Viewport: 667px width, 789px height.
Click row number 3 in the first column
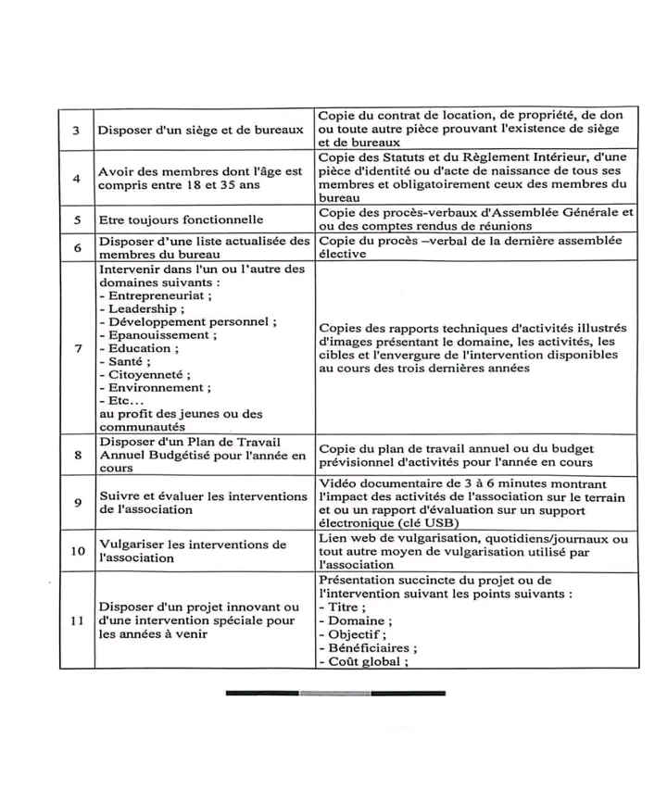pyautogui.click(x=76, y=131)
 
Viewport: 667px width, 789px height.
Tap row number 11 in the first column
pyautogui.click(x=76, y=620)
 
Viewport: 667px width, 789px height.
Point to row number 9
pyautogui.click(x=76, y=503)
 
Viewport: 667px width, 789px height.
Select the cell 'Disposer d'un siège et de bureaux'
pyautogui.click(x=201, y=131)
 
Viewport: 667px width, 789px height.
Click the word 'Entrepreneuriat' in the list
pyautogui.click(x=157, y=295)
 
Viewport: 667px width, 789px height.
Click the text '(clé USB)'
pyautogui.click(x=400, y=522)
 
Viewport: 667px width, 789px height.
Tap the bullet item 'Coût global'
pyautogui.click(x=364, y=661)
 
